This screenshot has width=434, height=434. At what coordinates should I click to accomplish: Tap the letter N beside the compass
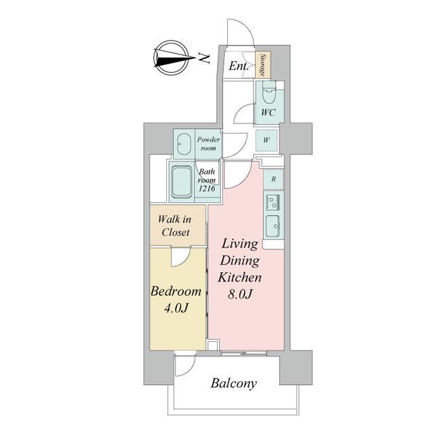point(204,58)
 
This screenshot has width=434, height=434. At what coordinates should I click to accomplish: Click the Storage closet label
point(262,65)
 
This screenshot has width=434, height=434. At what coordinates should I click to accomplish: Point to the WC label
point(269,113)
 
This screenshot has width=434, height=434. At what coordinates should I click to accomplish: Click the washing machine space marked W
point(267,140)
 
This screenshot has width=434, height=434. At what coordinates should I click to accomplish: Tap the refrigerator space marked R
point(273,179)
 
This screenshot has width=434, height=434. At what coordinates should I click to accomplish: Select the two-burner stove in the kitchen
point(273,201)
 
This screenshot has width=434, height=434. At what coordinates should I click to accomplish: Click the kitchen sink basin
point(273,226)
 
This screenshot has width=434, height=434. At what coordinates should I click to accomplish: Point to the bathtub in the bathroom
point(182,182)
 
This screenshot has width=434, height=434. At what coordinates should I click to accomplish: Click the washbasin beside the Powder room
point(184,144)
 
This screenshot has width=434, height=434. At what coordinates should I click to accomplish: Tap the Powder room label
point(208,144)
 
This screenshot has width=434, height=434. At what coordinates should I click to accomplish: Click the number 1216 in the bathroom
point(207,189)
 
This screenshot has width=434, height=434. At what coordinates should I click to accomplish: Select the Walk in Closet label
point(175,226)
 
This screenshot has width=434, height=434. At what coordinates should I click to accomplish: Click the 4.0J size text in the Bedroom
point(176,308)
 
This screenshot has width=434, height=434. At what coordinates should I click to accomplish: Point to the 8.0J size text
point(239,294)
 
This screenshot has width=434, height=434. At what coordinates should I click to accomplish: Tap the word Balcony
point(233,384)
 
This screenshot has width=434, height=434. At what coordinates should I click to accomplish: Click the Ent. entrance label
point(238,66)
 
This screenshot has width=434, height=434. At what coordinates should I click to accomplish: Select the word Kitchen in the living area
point(239,277)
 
